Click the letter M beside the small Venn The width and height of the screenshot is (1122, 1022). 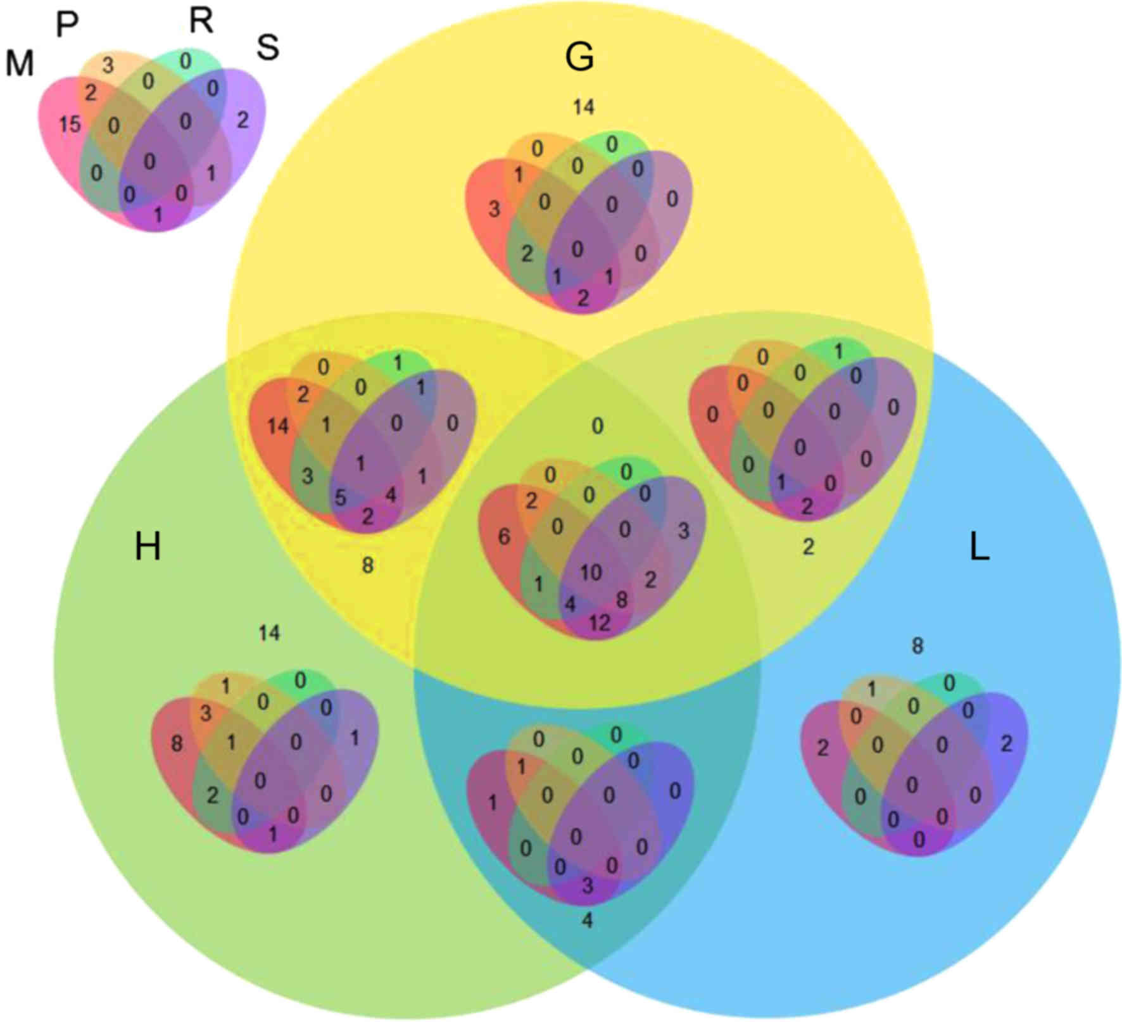tap(19, 64)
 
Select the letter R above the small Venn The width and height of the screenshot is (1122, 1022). tap(201, 21)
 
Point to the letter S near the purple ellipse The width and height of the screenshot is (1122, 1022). tap(267, 47)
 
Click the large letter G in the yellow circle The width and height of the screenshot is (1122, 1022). tap(579, 58)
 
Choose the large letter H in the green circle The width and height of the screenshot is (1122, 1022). tap(148, 546)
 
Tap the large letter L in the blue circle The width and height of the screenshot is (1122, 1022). tap(979, 549)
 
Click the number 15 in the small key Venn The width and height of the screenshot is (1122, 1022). tap(70, 125)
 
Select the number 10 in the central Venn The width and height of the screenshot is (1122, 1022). tap(591, 572)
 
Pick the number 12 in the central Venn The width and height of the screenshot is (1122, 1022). tap(599, 623)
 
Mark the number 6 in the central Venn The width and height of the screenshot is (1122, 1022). tap(504, 537)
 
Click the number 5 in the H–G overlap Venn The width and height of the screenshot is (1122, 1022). tap(340, 498)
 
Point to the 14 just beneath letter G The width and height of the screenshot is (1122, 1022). tap(583, 107)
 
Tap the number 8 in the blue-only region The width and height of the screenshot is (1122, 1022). tap(917, 646)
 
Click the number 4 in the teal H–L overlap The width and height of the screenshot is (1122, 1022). tap(587, 921)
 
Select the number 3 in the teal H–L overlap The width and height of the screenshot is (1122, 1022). tap(588, 885)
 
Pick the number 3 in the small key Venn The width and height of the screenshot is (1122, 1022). tap(108, 65)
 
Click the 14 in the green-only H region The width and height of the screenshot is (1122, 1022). tap(269, 633)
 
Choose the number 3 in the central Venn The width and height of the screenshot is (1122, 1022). tap(683, 531)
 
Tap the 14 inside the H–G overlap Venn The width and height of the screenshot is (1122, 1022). tap(277, 426)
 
